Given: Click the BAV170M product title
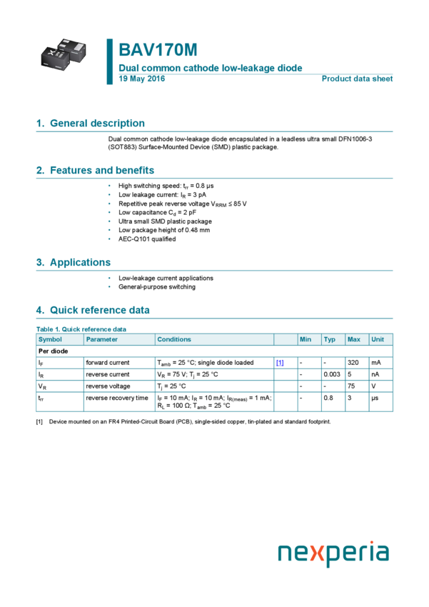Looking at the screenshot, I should point(158,50).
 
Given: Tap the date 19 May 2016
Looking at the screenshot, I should point(141,79).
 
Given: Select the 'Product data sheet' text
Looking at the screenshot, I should point(357,79).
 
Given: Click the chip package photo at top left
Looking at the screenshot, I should point(64,54).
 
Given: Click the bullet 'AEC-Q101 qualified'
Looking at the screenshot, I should point(147,239).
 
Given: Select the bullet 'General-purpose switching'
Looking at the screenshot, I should point(156,287).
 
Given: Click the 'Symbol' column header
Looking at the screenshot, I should point(50,339).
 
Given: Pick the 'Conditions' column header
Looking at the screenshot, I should point(174,339).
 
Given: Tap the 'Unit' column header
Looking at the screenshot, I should point(378,339).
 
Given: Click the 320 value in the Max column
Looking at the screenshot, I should point(353,363).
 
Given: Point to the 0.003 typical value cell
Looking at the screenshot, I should point(331,374).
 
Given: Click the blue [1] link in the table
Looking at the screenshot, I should point(280,363).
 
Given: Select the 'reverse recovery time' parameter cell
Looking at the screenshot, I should point(117,398).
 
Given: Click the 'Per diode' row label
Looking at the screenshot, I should point(53,351).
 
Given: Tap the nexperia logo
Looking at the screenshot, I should point(333,553).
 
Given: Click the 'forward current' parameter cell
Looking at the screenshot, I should point(108,363).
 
